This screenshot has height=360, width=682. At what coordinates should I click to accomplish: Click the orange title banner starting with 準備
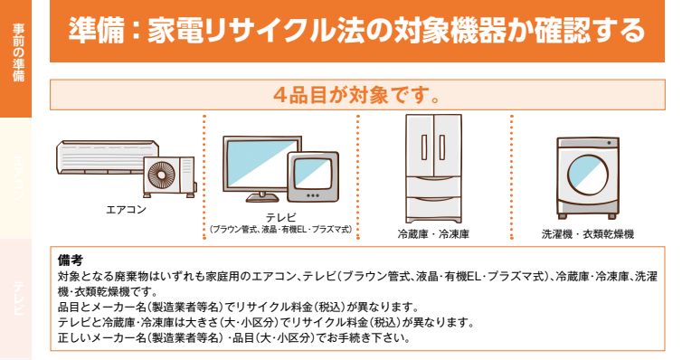coord(357,31)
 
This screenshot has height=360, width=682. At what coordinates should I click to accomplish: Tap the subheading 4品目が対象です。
coord(357,94)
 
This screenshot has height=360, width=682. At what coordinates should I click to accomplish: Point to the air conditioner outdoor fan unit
coord(167,175)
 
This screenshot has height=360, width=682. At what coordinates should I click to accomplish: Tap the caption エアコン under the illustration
coord(126,210)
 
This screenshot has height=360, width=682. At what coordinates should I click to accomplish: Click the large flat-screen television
coord(256,167)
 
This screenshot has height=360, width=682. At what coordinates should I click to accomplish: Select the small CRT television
coord(313,179)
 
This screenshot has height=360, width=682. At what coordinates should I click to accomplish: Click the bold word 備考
coord(70,261)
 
